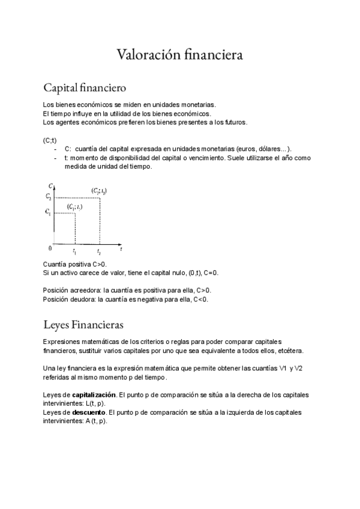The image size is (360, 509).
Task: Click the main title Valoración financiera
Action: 179,55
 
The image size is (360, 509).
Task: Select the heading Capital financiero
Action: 85,88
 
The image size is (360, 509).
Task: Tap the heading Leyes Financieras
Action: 83,325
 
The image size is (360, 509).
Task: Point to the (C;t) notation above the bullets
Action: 50,140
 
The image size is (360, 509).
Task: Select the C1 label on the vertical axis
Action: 49,211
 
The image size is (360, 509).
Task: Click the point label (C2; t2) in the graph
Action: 99,190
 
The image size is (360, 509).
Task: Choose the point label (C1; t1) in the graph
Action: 75,206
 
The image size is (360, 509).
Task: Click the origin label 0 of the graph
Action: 50,247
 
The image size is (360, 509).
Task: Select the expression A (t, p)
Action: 94,421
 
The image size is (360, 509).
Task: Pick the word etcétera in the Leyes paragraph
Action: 289,351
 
